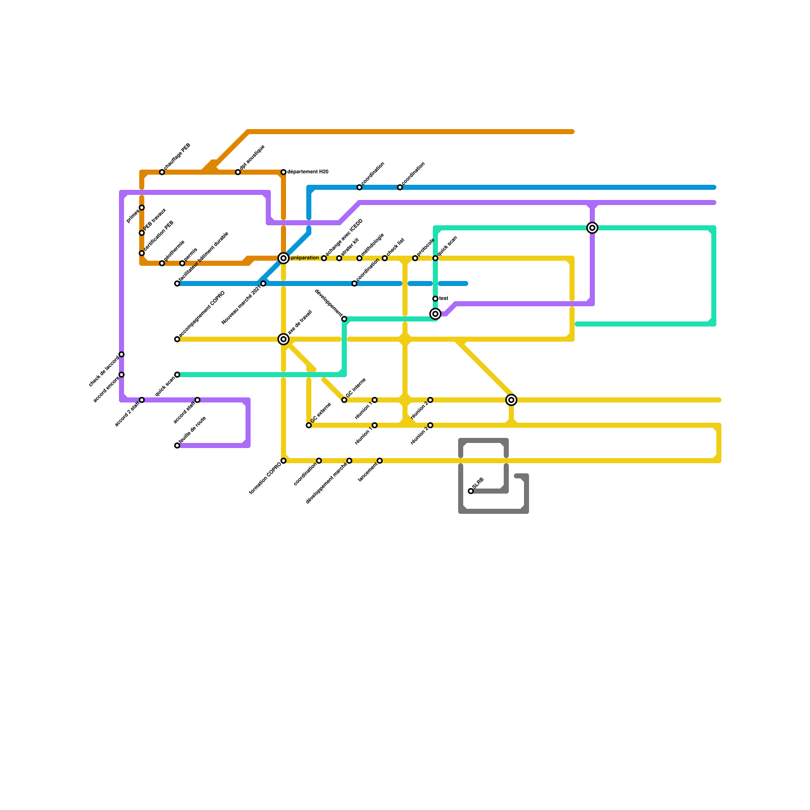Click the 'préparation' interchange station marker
tap(283, 258)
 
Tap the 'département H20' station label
tap(307, 172)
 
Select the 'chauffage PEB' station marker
tap(162, 172)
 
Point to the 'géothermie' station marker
tap(162, 263)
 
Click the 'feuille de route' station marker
tap(177, 445)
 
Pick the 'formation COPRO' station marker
tap(283, 461)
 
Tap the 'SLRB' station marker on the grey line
tap(471, 491)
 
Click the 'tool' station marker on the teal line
tap(435, 299)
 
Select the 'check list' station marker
tap(385, 258)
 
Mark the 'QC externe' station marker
tap(309, 425)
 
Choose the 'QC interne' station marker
tap(344, 400)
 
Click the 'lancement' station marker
tap(380, 461)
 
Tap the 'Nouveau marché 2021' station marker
tap(263, 283)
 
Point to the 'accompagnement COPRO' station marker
tap(177, 339)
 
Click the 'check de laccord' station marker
tap(121, 354)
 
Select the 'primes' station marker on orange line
tap(142, 208)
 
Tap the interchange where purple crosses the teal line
tap(592, 228)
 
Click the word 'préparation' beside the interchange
tap(305, 258)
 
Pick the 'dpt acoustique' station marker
tap(238, 172)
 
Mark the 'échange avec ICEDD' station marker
tap(324, 258)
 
